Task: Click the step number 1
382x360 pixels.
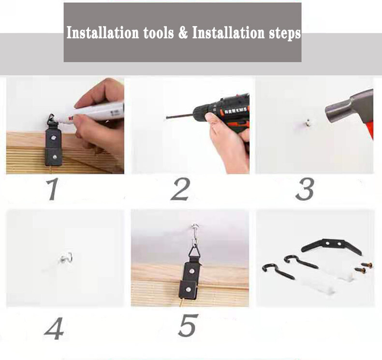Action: [x=53, y=189]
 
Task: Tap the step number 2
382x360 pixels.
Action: [x=180, y=189]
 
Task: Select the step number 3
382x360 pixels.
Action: [x=305, y=189]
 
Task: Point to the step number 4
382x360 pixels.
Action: [x=54, y=328]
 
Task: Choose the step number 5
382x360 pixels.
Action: [x=188, y=325]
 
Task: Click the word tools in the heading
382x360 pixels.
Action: [x=159, y=32]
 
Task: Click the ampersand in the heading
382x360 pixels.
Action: [x=183, y=32]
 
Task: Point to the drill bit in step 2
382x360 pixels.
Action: [x=179, y=116]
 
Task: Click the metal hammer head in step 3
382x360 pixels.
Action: [x=348, y=108]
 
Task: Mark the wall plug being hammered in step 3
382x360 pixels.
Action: [x=308, y=122]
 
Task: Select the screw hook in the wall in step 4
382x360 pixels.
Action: [x=66, y=259]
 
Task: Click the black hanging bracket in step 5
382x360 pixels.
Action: [x=191, y=274]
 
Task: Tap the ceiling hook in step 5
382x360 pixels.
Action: [x=195, y=234]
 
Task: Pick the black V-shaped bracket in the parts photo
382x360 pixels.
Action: [x=331, y=246]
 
